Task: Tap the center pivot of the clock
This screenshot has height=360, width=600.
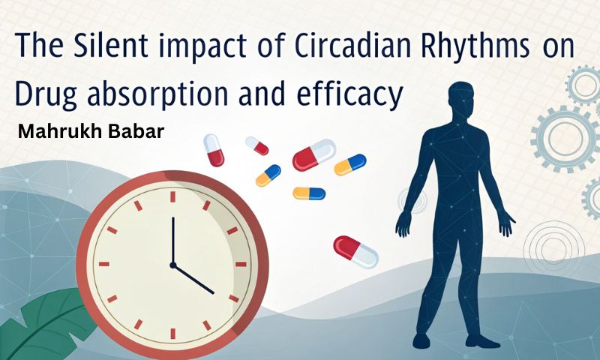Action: point(172,265)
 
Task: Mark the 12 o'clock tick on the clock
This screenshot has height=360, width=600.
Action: point(172,196)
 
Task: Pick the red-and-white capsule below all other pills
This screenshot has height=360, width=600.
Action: point(355,251)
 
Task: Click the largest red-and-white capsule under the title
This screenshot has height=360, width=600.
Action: point(313,154)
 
